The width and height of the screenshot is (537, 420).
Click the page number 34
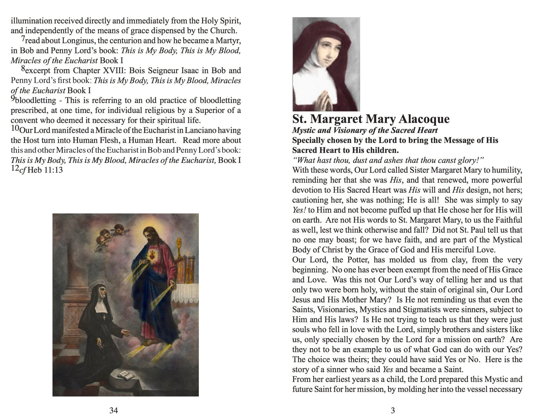(x=114, y=410)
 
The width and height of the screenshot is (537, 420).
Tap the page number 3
(x=393, y=410)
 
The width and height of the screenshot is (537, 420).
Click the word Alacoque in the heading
(x=424, y=119)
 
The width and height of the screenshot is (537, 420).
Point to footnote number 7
(x=23, y=39)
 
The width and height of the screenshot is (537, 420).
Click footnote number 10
(x=15, y=128)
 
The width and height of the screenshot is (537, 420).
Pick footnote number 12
(x=15, y=168)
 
